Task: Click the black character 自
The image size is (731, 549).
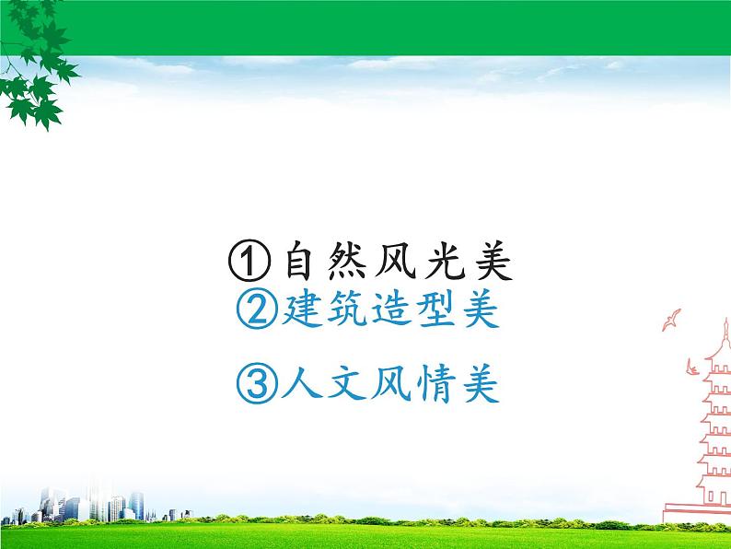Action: [300, 263]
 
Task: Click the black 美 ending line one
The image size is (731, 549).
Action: [485, 263]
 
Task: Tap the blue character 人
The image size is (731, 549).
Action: [299, 385]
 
